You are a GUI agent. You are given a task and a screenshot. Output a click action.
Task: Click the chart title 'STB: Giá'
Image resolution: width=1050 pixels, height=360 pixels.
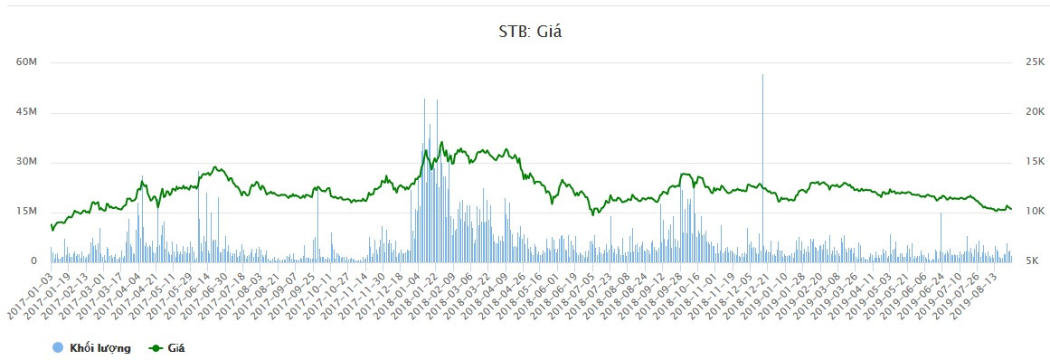[x=525, y=33]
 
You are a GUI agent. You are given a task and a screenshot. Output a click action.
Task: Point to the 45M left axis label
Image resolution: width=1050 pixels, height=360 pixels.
[x=26, y=112]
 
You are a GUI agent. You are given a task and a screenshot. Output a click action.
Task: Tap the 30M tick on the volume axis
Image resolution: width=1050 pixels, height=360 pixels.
[x=26, y=162]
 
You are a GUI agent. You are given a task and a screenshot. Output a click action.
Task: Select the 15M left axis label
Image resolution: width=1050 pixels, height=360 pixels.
[x=26, y=212]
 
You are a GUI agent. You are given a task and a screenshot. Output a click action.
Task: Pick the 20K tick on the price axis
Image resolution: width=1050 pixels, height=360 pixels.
[x=1028, y=112]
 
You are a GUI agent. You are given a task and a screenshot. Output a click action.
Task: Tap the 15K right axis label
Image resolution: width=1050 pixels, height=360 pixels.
[x=1028, y=162]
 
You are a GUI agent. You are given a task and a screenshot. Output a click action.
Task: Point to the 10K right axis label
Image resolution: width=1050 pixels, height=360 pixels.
[x=1028, y=212]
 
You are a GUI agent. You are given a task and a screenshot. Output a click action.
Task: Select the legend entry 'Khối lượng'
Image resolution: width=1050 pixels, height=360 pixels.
[x=99, y=347]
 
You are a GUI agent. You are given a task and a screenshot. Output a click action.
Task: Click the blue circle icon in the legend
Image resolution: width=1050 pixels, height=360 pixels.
[x=58, y=347]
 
